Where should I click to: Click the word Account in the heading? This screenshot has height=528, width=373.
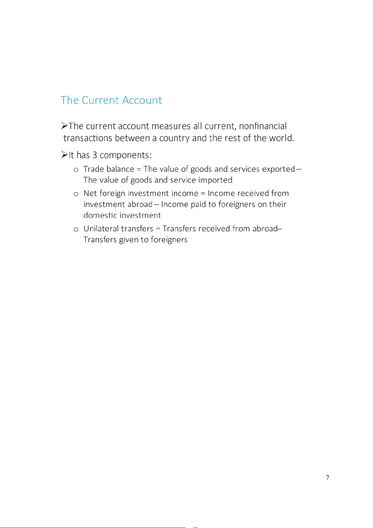click(142, 100)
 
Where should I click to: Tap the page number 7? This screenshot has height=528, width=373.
click(328, 478)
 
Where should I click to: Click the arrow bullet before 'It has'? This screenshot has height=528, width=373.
click(65, 154)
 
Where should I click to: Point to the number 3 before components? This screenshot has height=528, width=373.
click(95, 155)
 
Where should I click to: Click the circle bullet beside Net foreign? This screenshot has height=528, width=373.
click(76, 194)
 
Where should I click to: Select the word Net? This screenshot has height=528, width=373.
click(90, 193)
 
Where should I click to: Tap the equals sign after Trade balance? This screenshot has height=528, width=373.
click(139, 169)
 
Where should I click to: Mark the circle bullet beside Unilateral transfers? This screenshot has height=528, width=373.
click(76, 229)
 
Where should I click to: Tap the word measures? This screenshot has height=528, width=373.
click(171, 126)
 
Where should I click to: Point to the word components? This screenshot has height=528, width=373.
click(126, 155)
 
